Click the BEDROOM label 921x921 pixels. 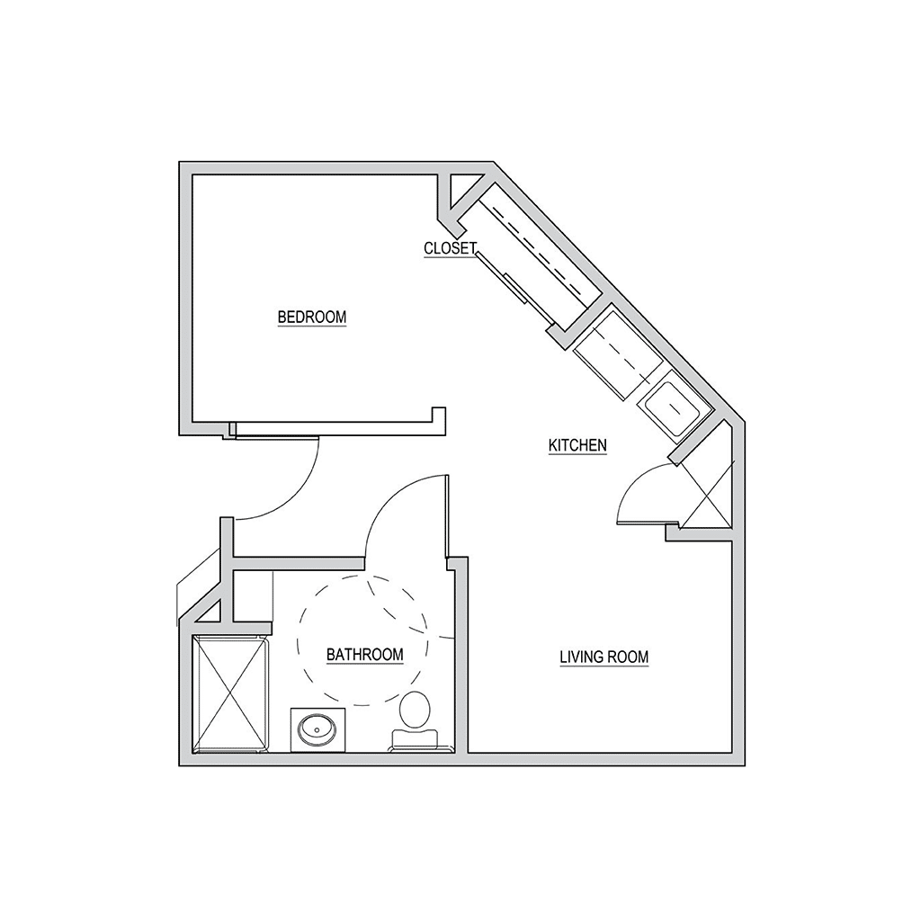click(x=312, y=317)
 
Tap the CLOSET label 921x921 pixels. click(x=451, y=248)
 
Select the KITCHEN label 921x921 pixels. click(x=577, y=445)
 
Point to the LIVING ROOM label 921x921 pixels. click(x=604, y=657)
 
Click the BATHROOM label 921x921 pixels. click(x=365, y=655)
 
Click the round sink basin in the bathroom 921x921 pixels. click(x=317, y=730)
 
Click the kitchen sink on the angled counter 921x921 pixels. click(x=673, y=406)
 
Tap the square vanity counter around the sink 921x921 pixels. click(x=317, y=730)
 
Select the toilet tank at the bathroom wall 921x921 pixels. click(x=414, y=740)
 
